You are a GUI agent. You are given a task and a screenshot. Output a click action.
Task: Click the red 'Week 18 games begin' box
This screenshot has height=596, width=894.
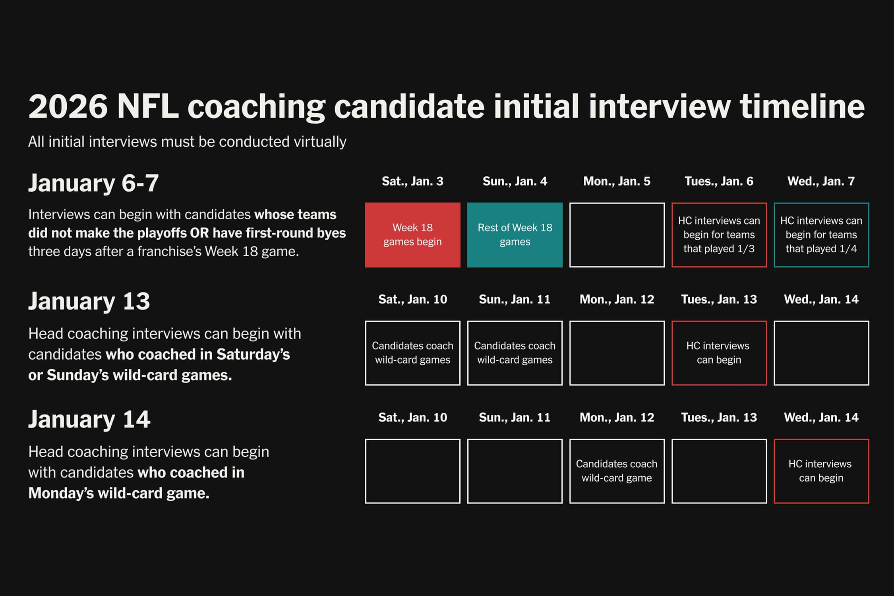pos(412,235)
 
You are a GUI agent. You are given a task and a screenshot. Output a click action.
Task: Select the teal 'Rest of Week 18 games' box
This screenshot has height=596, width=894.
pos(515,235)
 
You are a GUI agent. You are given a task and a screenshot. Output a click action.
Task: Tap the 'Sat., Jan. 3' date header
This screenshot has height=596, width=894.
pos(412,181)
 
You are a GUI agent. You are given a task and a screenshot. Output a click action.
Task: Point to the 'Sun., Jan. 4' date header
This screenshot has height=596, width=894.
pos(515,181)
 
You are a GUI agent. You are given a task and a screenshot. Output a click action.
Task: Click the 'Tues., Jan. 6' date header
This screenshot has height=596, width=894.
pos(719,181)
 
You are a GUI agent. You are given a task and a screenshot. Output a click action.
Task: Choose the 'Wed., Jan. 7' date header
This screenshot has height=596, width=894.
pos(821,181)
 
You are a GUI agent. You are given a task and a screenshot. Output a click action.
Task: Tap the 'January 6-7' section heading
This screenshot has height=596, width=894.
pos(93,183)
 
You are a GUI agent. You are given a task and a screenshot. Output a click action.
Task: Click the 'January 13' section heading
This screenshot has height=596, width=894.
pos(89,301)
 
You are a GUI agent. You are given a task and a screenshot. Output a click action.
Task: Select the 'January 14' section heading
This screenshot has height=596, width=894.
pos(89,419)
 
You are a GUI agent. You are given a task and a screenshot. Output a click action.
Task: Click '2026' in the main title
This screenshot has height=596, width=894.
pos(68,106)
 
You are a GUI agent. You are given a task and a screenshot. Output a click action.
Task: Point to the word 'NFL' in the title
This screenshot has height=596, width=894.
pos(148,106)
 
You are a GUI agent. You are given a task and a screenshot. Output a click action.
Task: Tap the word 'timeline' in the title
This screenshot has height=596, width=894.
pos(802,106)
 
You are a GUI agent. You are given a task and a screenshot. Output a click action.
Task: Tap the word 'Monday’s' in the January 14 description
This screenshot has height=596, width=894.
pos(61,493)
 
